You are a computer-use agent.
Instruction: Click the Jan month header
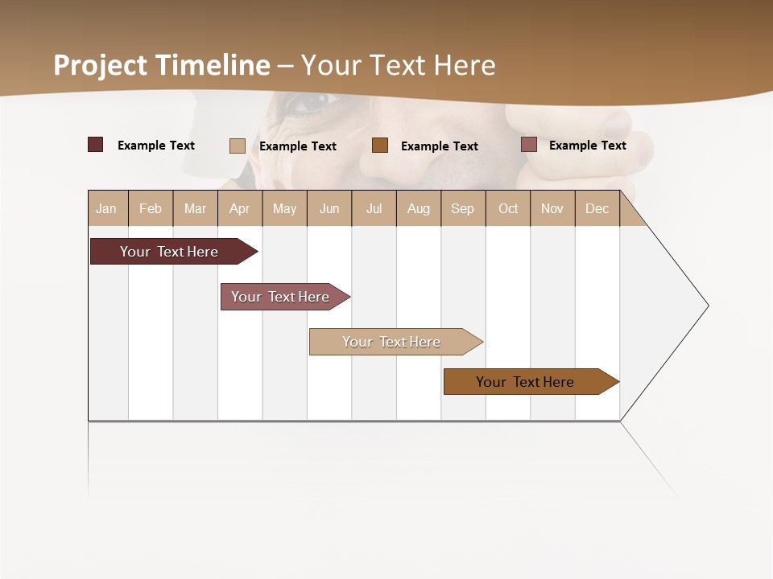pyautogui.click(x=107, y=208)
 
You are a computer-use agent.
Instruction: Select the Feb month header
pyautogui.click(x=151, y=208)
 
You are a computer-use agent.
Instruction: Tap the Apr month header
pyautogui.click(x=240, y=208)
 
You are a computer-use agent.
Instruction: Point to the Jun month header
pyautogui.click(x=329, y=208)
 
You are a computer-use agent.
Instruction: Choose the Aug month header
pyautogui.click(x=419, y=208)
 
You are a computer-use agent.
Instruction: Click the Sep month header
pyautogui.click(x=463, y=208)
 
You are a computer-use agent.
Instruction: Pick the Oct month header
pyautogui.click(x=508, y=208)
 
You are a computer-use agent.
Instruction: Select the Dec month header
pyautogui.click(x=597, y=208)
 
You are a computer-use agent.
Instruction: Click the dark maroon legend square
pyautogui.click(x=96, y=145)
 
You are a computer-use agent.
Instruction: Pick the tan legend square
pyautogui.click(x=238, y=146)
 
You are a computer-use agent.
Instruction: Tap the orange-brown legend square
pyautogui.click(x=380, y=145)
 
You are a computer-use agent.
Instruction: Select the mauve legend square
pyautogui.click(x=529, y=145)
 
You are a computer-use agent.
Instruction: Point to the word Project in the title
pyautogui.click(x=101, y=65)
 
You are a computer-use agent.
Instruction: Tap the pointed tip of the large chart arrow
pyautogui.click(x=706, y=306)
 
